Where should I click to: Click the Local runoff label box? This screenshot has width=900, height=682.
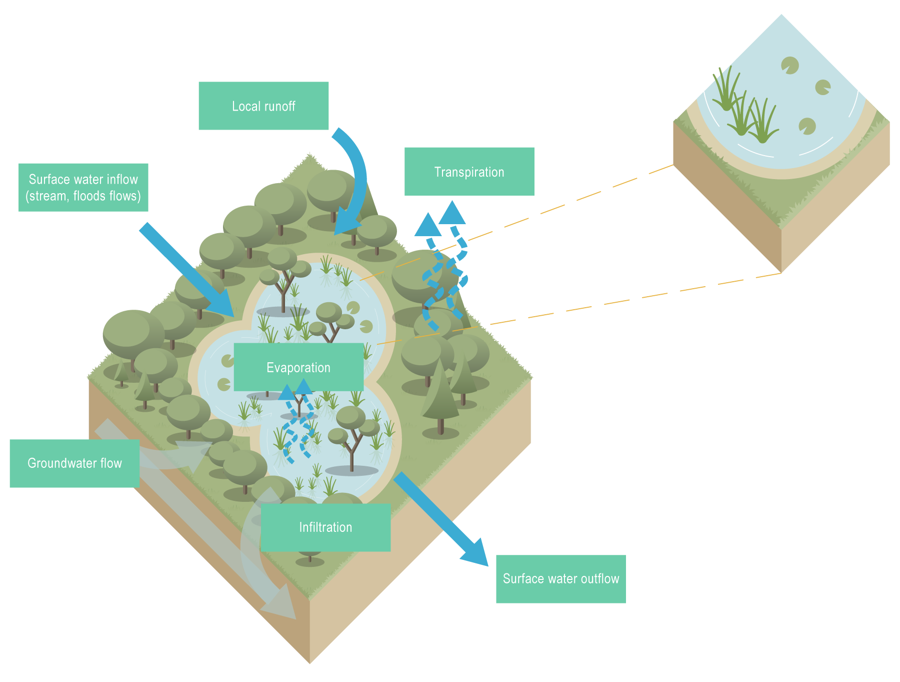coord(263,106)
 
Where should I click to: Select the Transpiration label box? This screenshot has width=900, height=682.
coord(469,172)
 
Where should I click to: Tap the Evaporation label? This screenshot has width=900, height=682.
coord(298,367)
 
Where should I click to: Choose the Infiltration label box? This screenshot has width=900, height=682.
coord(325,527)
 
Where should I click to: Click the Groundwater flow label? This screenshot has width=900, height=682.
coord(74,463)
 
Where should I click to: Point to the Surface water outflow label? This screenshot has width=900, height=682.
coord(560,579)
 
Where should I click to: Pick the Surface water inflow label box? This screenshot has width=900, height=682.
coord(83,187)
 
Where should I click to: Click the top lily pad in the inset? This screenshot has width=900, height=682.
coord(790,65)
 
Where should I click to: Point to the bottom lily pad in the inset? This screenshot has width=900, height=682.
coord(807,126)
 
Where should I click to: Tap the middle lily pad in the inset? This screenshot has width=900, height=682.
coord(823,87)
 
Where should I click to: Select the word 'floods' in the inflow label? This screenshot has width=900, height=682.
coord(89,196)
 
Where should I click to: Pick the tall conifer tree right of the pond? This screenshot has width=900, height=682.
coord(440,395)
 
